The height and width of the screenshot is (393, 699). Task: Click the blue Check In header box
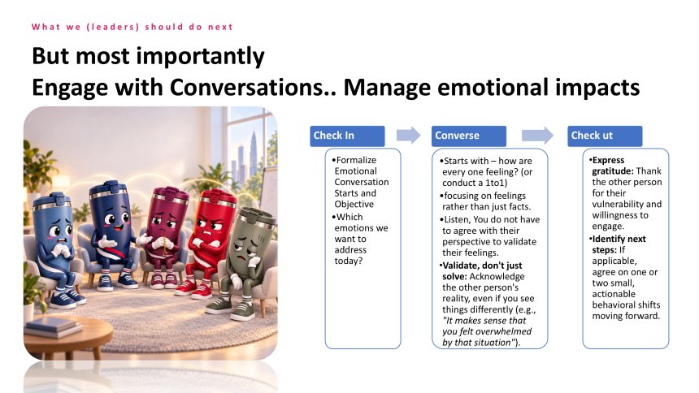click(347, 136)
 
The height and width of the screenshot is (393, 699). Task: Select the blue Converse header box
click(468, 136)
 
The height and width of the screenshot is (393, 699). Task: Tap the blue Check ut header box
click(605, 136)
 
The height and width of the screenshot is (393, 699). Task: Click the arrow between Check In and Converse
click(408, 135)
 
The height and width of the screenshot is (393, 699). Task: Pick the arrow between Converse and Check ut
click(537, 135)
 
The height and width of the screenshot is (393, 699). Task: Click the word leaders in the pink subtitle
click(112, 27)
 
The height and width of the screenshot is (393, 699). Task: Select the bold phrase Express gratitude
click(613, 166)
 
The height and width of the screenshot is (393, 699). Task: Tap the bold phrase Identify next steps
click(619, 244)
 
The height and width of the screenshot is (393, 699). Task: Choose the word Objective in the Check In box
click(354, 204)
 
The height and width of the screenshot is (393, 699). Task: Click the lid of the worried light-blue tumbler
click(52, 201)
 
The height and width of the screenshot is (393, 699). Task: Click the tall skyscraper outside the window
click(254, 153)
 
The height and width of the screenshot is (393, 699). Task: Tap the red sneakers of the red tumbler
click(193, 290)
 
